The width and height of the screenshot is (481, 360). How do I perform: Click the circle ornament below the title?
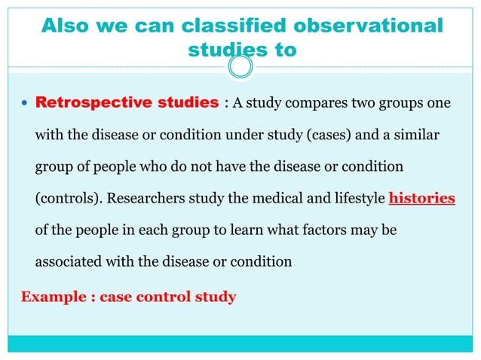[240, 69]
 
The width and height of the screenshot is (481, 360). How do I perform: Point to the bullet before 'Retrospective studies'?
[25, 103]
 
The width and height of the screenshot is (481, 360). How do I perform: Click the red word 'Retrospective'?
[87, 102]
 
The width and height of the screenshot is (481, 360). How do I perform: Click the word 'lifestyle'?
[352, 200]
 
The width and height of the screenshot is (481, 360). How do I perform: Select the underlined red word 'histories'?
[421, 200]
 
